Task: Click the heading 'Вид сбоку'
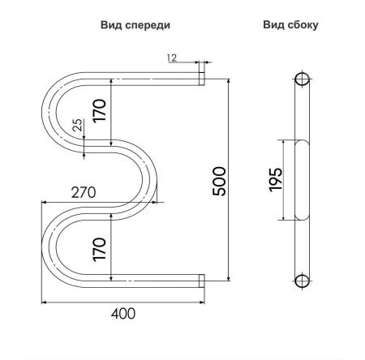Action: [x=290, y=25]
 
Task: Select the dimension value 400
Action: [x=121, y=313]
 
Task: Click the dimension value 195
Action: [x=275, y=179]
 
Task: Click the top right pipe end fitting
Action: [x=201, y=77]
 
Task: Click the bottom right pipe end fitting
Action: [x=201, y=281]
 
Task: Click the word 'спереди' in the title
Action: [x=148, y=25]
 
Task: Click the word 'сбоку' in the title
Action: [x=302, y=25]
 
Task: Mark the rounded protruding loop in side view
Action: [x=301, y=179]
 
